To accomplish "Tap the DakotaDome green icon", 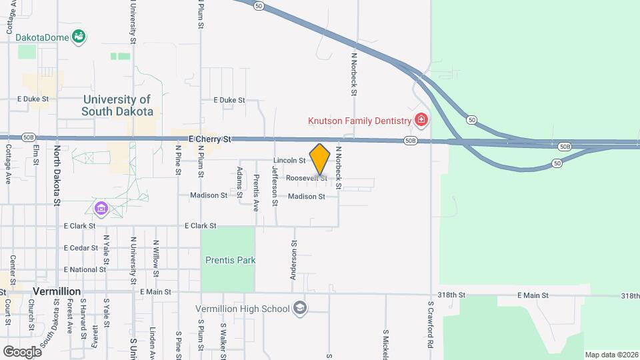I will (79, 37).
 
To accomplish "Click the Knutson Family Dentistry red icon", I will (421, 120).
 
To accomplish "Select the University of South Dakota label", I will (117, 105).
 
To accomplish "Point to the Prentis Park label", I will (227, 260).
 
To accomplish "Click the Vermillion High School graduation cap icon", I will (300, 308).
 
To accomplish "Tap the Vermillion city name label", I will (57, 291).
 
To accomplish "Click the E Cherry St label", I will (209, 139).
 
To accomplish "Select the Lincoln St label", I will (289, 161).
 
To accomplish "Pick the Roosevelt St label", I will (307, 178).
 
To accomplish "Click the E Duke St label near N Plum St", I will (229, 100).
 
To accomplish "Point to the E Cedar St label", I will (81, 248).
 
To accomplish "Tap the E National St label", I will (85, 269).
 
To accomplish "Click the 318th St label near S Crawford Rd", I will (451, 295).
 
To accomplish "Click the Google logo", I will (22, 351).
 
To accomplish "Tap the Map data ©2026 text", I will (611, 355).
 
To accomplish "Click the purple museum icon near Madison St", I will (101, 209).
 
